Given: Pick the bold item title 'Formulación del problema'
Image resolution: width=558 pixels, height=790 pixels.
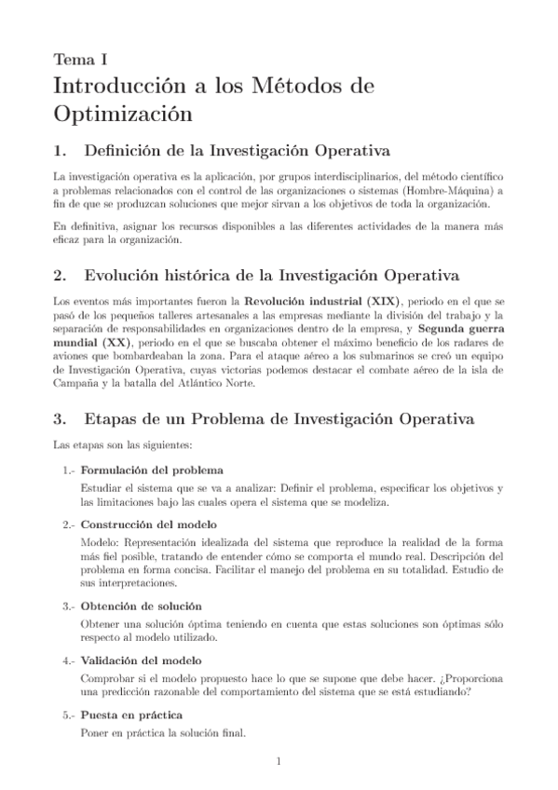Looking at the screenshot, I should point(151,470).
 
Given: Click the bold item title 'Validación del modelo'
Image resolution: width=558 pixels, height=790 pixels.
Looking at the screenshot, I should point(142,661).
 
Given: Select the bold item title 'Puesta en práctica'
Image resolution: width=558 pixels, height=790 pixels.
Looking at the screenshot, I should point(131,715).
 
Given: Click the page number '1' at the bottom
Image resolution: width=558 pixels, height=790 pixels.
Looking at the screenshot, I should point(279,762).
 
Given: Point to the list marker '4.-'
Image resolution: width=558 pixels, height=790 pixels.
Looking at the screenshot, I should point(70,661).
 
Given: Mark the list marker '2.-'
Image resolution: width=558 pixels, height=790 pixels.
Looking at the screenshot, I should point(70,524).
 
